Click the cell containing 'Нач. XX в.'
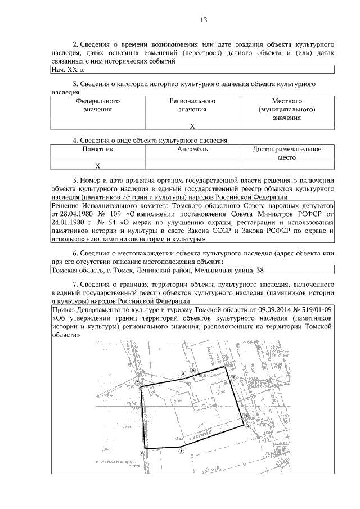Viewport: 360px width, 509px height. [x=66, y=70]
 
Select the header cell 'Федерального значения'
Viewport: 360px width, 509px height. [x=98, y=105]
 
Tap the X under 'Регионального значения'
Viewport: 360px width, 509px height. [x=192, y=125]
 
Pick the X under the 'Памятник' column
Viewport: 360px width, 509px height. [x=98, y=166]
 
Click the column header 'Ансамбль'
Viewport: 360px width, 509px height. [x=192, y=150]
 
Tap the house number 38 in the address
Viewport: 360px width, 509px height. [x=259, y=270]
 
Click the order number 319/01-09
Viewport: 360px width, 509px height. [x=313, y=310]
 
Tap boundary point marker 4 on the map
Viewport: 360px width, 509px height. [x=248, y=426]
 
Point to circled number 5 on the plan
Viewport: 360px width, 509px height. [x=181, y=451]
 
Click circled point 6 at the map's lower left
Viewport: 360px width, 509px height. [x=142, y=452]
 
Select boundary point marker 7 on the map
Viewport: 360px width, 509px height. [x=138, y=382]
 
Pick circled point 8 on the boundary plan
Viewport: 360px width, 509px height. [x=183, y=373]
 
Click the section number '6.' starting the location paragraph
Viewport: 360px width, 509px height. [x=76, y=254]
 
